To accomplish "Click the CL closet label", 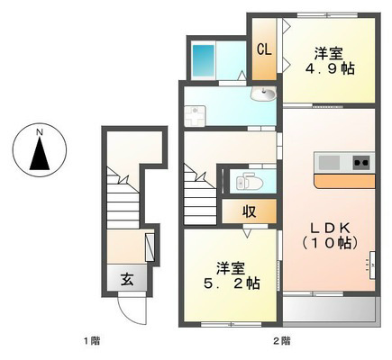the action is point(264,49).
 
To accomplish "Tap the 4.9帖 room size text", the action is point(330,69).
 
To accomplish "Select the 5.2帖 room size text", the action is point(232,283).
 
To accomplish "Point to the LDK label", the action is point(330,229).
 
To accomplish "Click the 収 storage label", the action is point(250,211).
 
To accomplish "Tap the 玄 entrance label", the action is point(127,280).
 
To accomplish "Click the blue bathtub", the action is point(204,60).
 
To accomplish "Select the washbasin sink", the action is point(263,93).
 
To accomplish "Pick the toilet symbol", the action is point(250,182).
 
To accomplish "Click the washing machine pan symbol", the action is point(195,116).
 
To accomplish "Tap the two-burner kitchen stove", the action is point(361,163).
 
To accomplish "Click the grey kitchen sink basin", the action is point(329,163).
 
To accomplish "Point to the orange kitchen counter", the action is point(344,181).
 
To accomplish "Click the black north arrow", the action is point(40,153).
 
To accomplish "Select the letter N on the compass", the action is point(40,131).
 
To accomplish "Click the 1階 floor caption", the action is point(92,341).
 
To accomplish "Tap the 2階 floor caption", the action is point(282,341).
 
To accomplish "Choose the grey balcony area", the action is point(330,310).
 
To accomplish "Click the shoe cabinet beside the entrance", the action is point(150,247).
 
